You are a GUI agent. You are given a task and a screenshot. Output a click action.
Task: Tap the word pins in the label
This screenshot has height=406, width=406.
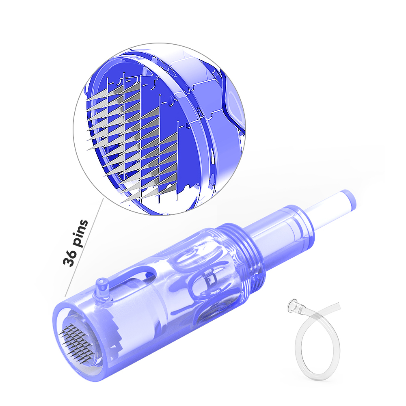click(x=80, y=233)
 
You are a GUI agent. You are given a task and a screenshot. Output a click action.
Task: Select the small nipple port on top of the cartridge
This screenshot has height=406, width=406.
click(x=102, y=287)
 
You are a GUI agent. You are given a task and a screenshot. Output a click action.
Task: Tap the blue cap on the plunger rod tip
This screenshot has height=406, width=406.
click(x=348, y=199)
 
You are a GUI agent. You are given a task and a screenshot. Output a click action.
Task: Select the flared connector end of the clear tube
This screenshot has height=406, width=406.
click(x=296, y=306)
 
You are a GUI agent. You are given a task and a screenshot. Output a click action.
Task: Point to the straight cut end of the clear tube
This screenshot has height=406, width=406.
click(x=338, y=306)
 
